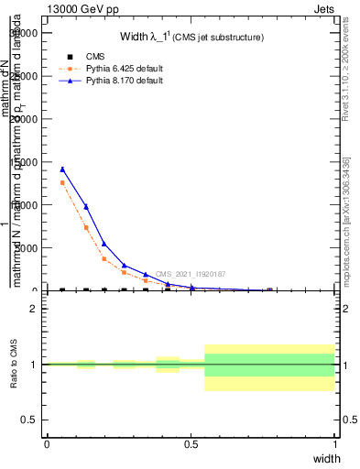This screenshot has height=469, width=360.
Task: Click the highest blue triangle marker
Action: click(x=62, y=169)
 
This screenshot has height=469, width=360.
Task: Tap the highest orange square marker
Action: click(x=62, y=183)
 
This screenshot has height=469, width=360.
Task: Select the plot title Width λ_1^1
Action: click(x=192, y=38)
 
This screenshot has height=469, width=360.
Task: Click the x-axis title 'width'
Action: click(x=327, y=457)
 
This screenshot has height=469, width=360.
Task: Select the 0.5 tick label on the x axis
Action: click(x=191, y=443)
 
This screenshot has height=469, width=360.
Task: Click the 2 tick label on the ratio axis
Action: click(x=34, y=309)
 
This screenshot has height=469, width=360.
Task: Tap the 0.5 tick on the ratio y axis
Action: click(x=30, y=420)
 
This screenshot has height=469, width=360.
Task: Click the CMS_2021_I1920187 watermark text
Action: click(x=190, y=274)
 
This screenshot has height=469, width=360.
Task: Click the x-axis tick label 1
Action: click(x=334, y=443)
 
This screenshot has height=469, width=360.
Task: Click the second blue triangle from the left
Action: click(x=86, y=207)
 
